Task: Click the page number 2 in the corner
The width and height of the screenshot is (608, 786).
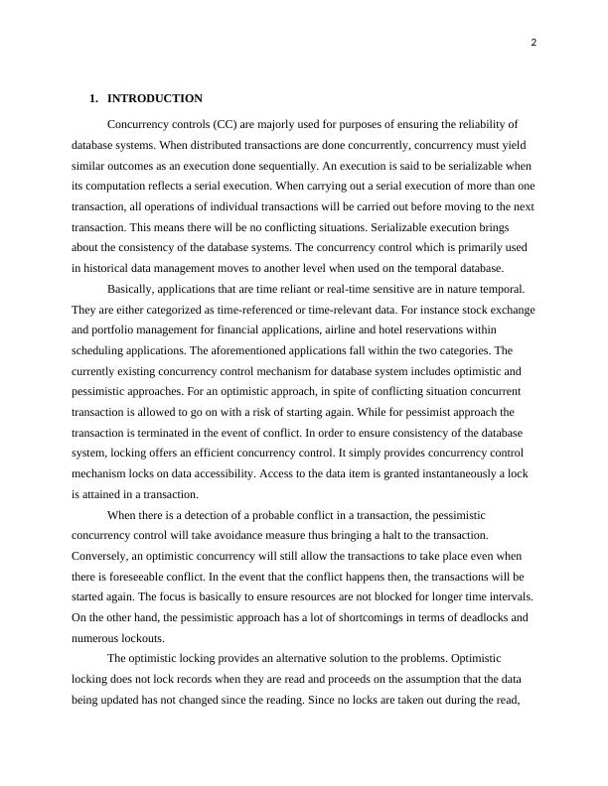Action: (x=532, y=43)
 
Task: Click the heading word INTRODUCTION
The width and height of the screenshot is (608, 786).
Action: (x=155, y=98)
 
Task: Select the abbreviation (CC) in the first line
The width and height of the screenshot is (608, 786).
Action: (x=245, y=124)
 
